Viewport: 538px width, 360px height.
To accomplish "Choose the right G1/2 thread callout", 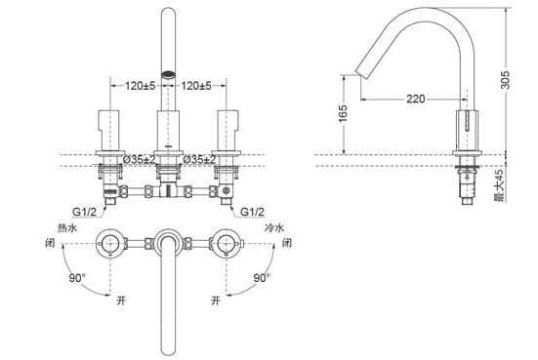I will click(x=253, y=210).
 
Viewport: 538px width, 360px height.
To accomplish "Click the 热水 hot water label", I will click(x=68, y=227).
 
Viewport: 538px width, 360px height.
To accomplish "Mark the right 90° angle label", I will click(x=262, y=278).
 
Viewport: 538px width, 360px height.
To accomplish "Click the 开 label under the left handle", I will click(x=120, y=300).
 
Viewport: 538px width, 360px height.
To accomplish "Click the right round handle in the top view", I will click(x=228, y=241).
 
